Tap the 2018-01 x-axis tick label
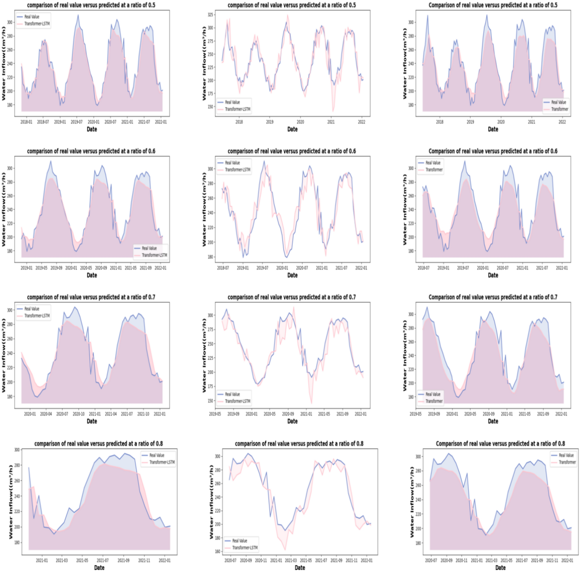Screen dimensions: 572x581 pyautogui.click(x=26, y=122)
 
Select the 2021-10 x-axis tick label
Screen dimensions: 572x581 pyautogui.click(x=143, y=414)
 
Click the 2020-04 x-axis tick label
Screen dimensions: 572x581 pyautogui.click(x=46, y=414)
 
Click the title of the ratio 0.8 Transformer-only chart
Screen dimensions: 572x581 pyautogui.click(x=500, y=443)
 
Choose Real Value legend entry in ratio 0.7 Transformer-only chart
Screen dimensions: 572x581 pyautogui.click(x=432, y=394)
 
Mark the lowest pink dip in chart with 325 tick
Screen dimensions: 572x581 pyautogui.click(x=333, y=111)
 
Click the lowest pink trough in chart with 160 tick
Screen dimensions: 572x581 pyautogui.click(x=285, y=550)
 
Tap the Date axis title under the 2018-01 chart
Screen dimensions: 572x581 pyautogui.click(x=92, y=129)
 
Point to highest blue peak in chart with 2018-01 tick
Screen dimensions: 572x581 pyautogui.click(x=78, y=15)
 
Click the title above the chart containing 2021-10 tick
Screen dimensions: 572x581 pyautogui.click(x=91, y=297)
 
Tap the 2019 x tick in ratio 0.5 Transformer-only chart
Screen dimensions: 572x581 pyautogui.click(x=470, y=122)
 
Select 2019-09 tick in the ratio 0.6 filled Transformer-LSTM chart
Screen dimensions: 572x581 pyautogui.click(x=56, y=268)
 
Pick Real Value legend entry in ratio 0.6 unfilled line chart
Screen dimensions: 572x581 pyautogui.click(x=232, y=163)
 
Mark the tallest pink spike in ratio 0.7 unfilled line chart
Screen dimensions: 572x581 pyautogui.click(x=294, y=307)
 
